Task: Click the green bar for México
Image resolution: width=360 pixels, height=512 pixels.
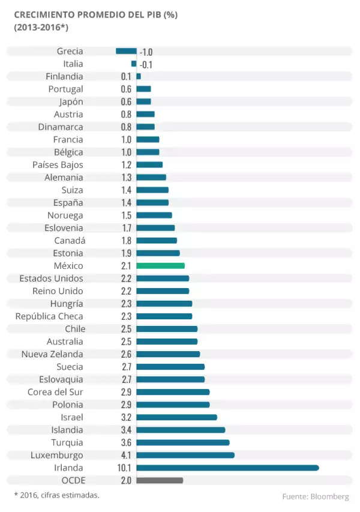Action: (x=160, y=265)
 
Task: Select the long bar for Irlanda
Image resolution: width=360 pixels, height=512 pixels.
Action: (x=227, y=468)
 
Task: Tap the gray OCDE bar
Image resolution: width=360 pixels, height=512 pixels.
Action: (x=160, y=480)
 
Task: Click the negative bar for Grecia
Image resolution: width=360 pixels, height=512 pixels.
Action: (x=126, y=51)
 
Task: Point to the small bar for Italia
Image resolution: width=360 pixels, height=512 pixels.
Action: (x=134, y=64)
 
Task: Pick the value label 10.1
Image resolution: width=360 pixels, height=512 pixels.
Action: (x=125, y=468)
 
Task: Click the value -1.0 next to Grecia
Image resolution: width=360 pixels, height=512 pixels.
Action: (x=146, y=52)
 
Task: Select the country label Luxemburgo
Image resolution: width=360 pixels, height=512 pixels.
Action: (x=57, y=455)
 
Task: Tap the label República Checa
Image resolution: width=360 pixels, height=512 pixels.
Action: (x=49, y=316)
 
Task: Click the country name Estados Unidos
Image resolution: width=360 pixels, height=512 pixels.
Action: (x=51, y=279)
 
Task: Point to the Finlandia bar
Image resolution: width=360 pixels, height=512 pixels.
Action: (x=139, y=76)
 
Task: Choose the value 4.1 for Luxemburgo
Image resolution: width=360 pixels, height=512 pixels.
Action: (x=125, y=455)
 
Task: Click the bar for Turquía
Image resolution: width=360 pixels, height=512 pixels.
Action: (x=183, y=442)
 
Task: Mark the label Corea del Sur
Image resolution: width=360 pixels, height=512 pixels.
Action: (x=55, y=392)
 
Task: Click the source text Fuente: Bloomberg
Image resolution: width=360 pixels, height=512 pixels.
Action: (x=315, y=496)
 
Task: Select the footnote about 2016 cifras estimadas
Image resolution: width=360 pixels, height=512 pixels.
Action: (x=56, y=495)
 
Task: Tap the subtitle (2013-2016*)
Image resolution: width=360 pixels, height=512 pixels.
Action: (x=41, y=27)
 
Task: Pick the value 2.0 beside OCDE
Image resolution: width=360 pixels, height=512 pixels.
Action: (x=125, y=480)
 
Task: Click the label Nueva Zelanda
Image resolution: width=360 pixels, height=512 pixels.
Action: (x=52, y=354)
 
